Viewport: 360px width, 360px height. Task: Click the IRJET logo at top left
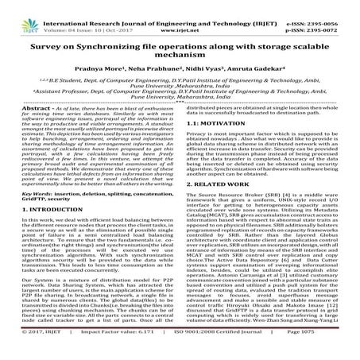tap(15, 12)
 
